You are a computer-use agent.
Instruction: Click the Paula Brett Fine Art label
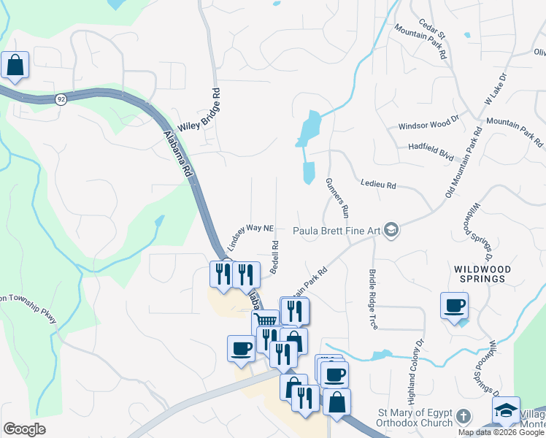(x=337, y=231)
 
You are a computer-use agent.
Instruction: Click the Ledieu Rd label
(x=377, y=185)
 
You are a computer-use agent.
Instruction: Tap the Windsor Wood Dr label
(x=428, y=126)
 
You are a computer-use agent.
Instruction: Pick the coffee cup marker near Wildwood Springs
(x=454, y=305)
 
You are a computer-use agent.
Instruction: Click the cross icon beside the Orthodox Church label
(x=463, y=417)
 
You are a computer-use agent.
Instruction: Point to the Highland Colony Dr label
(x=415, y=372)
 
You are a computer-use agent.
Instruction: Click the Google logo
(x=24, y=429)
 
